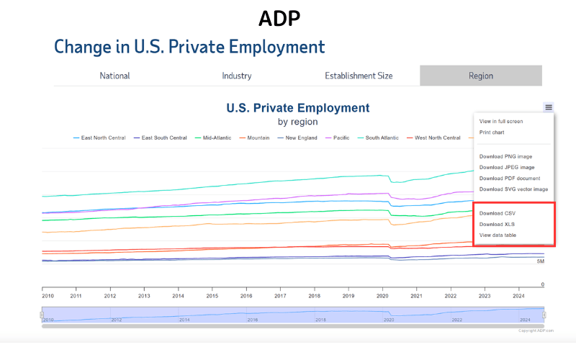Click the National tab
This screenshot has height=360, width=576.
pyautogui.click(x=114, y=76)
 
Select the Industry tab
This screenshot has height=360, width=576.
pyautogui.click(x=237, y=76)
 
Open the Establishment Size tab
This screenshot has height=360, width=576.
pyautogui.click(x=359, y=76)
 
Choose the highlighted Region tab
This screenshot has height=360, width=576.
pyautogui.click(x=480, y=76)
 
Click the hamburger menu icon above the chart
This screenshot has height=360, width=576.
pyautogui.click(x=549, y=107)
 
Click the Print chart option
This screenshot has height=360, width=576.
pyautogui.click(x=493, y=132)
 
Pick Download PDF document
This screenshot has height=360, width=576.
pyautogui.click(x=510, y=179)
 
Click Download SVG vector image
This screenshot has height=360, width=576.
pyautogui.click(x=513, y=189)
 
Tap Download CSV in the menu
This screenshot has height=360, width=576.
pyautogui.click(x=498, y=214)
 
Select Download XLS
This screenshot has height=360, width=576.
pyautogui.click(x=497, y=225)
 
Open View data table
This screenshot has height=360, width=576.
pyautogui.click(x=498, y=235)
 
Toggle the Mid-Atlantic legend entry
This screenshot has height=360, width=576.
pyautogui.click(x=217, y=138)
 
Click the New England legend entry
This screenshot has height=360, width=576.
pyautogui.click(x=302, y=138)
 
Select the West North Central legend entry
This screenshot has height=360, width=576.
pyautogui.click(x=437, y=138)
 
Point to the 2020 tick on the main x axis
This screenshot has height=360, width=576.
pyautogui.click(x=382, y=296)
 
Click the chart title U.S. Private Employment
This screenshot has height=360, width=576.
pyautogui.click(x=297, y=108)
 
